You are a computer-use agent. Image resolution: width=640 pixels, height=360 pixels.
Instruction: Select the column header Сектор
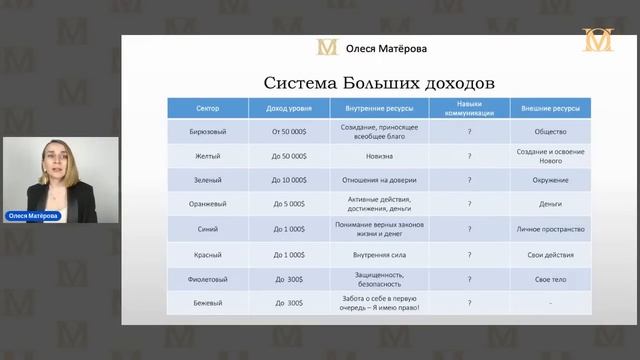206,107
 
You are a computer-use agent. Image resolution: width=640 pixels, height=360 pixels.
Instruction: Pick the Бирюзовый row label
206,131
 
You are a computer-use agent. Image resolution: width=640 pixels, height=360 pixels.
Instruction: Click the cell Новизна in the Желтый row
377,155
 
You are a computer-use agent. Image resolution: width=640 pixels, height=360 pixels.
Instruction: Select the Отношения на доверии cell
377,180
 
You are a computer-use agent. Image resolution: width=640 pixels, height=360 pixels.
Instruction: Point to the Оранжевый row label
206,204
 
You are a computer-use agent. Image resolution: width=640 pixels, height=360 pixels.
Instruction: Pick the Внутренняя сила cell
377,254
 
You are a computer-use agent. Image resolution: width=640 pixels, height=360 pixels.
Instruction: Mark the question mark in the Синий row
469,229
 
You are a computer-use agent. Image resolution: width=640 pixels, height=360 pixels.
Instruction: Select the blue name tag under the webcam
33,216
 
